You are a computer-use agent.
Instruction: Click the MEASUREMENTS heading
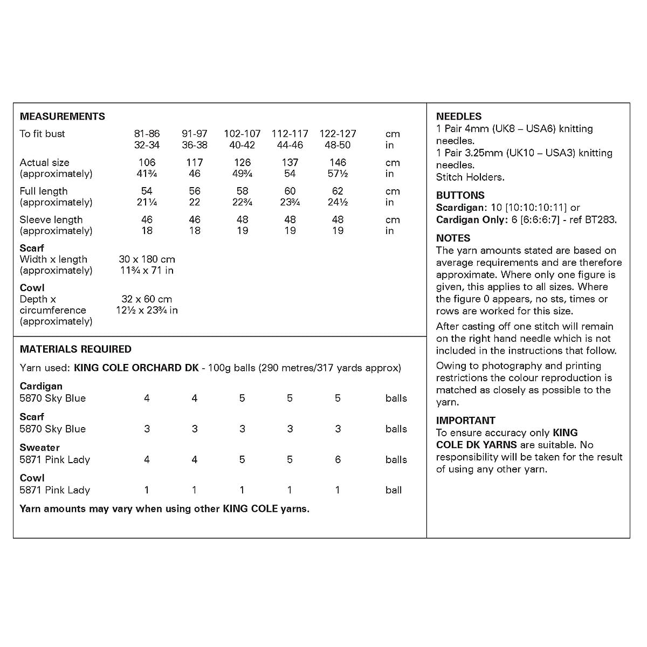(63, 116)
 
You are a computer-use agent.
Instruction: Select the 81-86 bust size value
(147, 134)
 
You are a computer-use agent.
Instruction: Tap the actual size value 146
(338, 162)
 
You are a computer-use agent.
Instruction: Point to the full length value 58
(242, 191)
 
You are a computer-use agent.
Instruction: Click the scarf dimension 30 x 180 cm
(147, 259)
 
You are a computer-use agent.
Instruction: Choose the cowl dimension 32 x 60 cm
(147, 299)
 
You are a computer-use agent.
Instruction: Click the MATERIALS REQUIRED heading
(75, 349)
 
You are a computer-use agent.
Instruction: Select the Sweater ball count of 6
(338, 459)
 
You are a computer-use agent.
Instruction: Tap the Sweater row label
(39, 448)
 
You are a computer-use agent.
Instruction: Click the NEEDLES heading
(459, 116)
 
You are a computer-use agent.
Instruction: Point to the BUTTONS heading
(460, 195)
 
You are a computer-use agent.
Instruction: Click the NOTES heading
(453, 238)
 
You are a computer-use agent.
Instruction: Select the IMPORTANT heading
(465, 421)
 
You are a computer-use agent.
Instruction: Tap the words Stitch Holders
(470, 177)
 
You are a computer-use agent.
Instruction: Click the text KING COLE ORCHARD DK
(136, 368)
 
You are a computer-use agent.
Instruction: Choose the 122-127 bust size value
(338, 134)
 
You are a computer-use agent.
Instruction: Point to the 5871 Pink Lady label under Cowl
(54, 490)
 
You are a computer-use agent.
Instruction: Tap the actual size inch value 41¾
(147, 174)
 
